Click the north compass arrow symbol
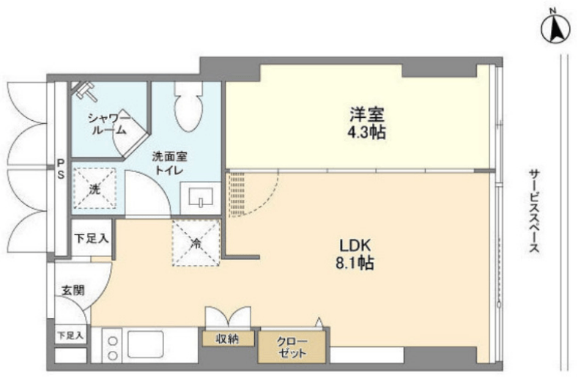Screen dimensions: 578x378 [x=555, y=29]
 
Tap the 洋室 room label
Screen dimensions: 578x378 [x=367, y=114]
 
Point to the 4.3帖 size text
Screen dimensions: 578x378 [x=367, y=133]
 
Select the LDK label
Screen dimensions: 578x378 [x=355, y=245]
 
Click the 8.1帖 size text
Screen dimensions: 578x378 [x=355, y=263]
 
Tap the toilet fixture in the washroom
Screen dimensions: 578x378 [x=188, y=106]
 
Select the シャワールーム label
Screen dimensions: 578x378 [x=108, y=124]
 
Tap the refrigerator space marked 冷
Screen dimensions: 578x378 [x=196, y=242]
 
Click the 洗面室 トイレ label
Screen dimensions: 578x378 [x=169, y=164]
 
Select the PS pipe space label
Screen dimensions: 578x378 [x=61, y=168]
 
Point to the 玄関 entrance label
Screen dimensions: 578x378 [x=73, y=290]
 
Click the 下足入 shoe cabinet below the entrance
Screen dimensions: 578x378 [x=70, y=336]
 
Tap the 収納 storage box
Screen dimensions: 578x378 [x=228, y=338]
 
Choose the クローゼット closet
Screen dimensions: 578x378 [x=292, y=347]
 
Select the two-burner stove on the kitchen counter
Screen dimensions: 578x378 [x=113, y=348]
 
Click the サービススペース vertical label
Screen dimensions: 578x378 [x=534, y=211]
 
